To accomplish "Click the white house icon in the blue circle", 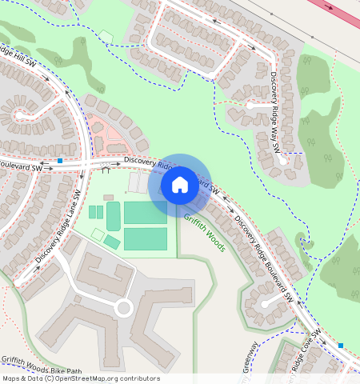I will [180, 185].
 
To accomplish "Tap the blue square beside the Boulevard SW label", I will [60, 161].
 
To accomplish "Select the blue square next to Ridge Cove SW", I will [340, 345].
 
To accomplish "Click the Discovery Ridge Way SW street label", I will [274, 112].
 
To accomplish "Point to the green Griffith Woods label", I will [204, 231].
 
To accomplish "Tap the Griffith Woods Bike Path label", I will [42, 370].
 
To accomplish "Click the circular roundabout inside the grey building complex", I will [123, 307].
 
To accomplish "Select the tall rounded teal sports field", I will [114, 214].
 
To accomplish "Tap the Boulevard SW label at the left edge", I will [21, 169].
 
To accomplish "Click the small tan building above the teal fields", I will [108, 197].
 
